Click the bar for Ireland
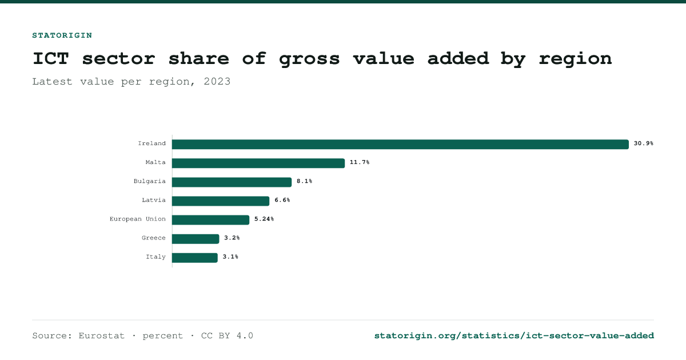[400, 144]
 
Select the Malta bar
[258, 163]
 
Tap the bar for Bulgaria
[232, 182]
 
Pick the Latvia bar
[221, 201]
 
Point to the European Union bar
[211, 220]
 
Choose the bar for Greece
[196, 239]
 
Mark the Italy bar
[195, 258]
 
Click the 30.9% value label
[644, 143]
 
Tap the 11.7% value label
[360, 162]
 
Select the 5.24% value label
[264, 219]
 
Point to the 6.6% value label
[282, 200]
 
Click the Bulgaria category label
[149, 181]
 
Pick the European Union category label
[138, 219]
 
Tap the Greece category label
[153, 238]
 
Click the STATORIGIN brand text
[62, 35]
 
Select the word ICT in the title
[51, 58]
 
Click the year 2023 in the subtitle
[217, 81]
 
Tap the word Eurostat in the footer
[101, 336]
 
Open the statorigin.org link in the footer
[514, 336]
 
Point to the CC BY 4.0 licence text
[227, 336]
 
